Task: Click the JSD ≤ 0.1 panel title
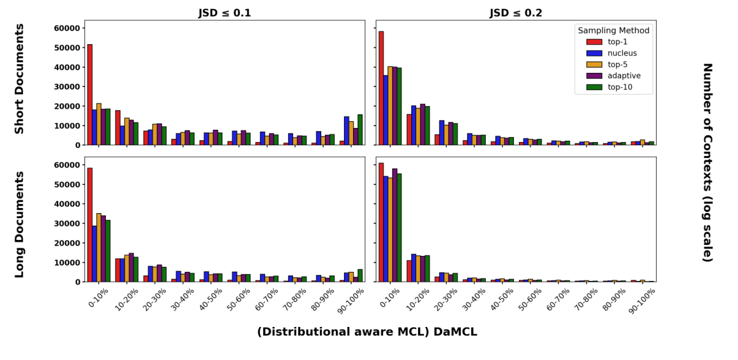coord(225,13)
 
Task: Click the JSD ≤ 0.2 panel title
coord(516,13)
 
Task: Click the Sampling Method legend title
coord(613,30)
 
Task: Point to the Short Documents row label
coord(20,78)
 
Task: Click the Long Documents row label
coord(20,224)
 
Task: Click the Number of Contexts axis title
coord(707,162)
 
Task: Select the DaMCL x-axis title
coord(367,332)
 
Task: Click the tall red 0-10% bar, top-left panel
coord(90,95)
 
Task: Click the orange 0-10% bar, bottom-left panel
coord(99,247)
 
